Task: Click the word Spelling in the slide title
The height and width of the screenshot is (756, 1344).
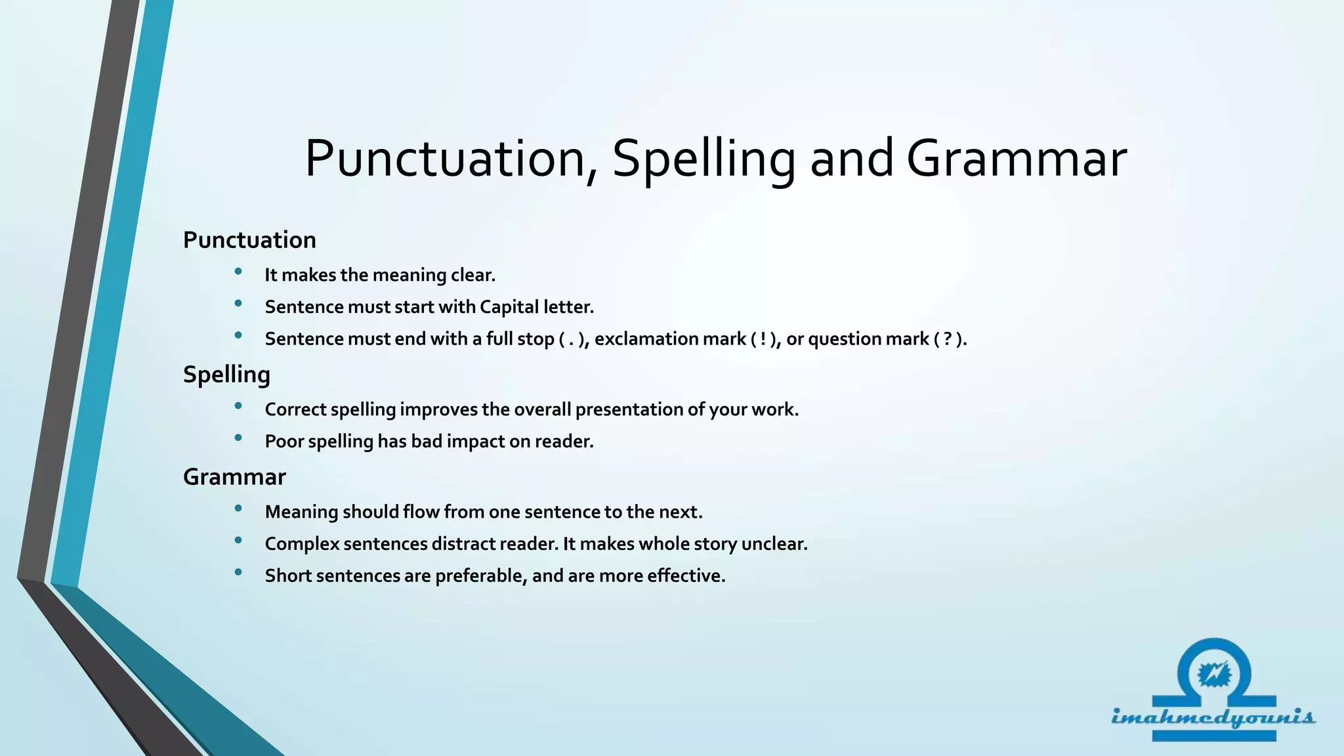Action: pyautogui.click(x=703, y=159)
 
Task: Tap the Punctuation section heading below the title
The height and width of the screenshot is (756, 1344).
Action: pyautogui.click(x=249, y=240)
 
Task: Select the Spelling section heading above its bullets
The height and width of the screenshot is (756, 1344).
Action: pyautogui.click(x=226, y=375)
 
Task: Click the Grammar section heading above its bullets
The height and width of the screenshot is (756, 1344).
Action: pyautogui.click(x=234, y=477)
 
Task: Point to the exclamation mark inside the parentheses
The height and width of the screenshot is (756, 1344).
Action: pyautogui.click(x=763, y=339)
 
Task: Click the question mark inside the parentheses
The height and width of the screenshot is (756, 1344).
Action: pyautogui.click(x=947, y=339)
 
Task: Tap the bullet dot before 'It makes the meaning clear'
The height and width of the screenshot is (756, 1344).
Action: pyautogui.click(x=238, y=271)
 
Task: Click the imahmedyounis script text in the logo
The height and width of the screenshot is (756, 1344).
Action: pyautogui.click(x=1213, y=717)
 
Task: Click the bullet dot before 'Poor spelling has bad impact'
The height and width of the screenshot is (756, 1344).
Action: pyautogui.click(x=238, y=438)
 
